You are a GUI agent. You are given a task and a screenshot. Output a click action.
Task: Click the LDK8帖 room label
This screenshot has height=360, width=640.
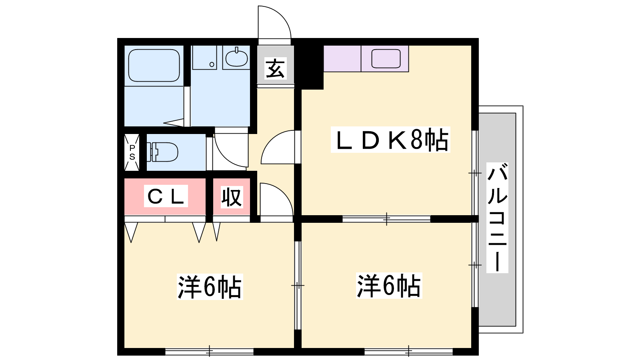(x=390, y=140)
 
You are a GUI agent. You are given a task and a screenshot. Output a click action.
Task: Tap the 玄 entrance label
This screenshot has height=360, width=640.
(x=276, y=68)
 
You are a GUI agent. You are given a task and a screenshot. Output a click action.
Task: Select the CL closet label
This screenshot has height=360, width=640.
(x=166, y=196)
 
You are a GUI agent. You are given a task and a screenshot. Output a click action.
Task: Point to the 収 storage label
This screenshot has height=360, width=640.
(x=232, y=197)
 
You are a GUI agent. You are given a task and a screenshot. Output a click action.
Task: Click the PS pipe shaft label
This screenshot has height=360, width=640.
(x=132, y=152)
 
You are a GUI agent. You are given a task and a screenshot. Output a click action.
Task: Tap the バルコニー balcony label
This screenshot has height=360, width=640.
(x=497, y=218)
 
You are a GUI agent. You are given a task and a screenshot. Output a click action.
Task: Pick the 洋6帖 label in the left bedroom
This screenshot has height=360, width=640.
(x=210, y=286)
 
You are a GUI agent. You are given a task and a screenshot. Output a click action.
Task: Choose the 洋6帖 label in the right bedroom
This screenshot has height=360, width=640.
(x=389, y=286)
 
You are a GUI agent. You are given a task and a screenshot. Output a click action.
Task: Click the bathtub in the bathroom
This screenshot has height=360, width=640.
(x=154, y=66)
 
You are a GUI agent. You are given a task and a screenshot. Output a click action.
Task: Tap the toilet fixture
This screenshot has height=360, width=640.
(x=162, y=152)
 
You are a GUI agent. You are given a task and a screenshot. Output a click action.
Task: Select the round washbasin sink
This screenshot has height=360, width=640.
(x=236, y=58)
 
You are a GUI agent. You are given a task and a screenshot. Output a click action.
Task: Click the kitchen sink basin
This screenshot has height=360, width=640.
(x=386, y=58)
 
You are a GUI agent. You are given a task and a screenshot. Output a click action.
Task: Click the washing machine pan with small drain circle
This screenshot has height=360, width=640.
(x=204, y=58)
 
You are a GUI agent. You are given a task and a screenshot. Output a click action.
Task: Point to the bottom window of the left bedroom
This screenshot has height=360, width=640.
(x=210, y=351)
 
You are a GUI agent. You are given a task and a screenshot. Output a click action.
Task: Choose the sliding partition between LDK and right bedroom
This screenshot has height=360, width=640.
(x=386, y=219)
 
